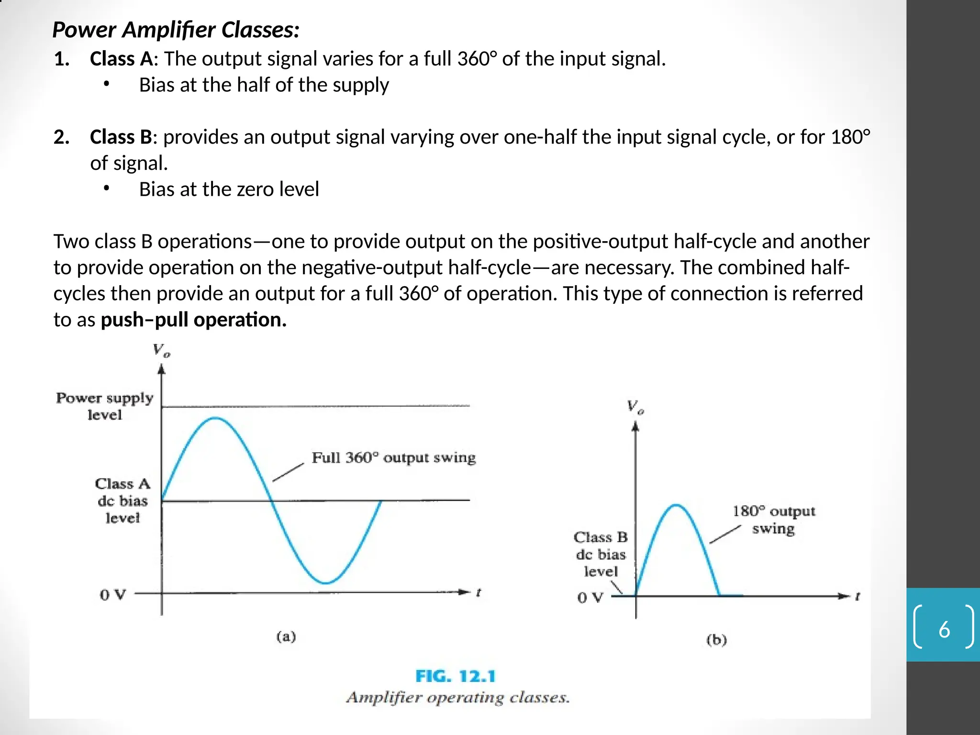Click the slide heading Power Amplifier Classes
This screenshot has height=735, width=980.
(176, 30)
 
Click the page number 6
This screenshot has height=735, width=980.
(944, 629)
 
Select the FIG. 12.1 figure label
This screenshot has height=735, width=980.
(455, 676)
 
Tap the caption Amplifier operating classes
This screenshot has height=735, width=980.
(458, 697)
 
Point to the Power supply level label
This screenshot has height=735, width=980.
(105, 406)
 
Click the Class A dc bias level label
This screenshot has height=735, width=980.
(122, 501)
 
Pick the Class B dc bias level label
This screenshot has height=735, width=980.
(601, 554)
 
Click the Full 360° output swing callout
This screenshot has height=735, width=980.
(393, 457)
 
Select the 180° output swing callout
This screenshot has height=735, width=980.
(773, 520)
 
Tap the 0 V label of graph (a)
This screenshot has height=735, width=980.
(112, 595)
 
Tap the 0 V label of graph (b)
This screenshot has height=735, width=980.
(590, 598)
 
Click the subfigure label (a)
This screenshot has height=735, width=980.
(286, 636)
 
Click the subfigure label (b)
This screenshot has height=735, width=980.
(716, 640)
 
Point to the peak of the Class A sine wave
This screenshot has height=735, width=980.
(216, 418)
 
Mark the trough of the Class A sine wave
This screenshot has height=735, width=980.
(325, 583)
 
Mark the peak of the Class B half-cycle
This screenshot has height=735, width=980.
(676, 505)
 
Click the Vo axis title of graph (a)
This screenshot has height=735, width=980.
(161, 351)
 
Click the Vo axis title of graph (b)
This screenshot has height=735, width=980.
(635, 407)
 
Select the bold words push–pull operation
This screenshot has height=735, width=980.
(193, 320)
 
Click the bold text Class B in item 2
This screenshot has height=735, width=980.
(121, 137)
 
